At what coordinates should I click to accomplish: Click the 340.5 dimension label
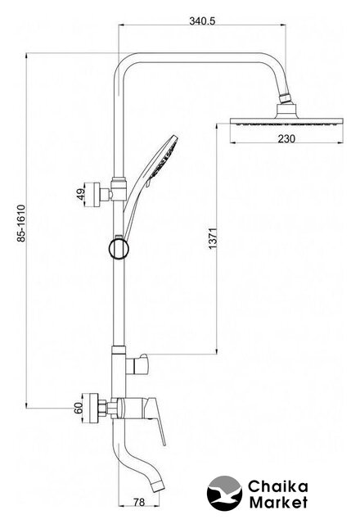(x=202, y=20)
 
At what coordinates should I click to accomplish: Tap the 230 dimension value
(x=286, y=138)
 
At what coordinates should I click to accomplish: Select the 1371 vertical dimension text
(x=213, y=238)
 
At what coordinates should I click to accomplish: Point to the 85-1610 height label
(x=21, y=224)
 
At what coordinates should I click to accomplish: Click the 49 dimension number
(x=80, y=194)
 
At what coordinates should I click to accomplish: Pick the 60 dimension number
(x=79, y=408)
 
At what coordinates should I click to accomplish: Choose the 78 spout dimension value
(x=139, y=502)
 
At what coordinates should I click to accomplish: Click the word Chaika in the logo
(x=277, y=486)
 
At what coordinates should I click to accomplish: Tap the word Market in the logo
(x=279, y=502)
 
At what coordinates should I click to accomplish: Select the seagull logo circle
(x=224, y=493)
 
